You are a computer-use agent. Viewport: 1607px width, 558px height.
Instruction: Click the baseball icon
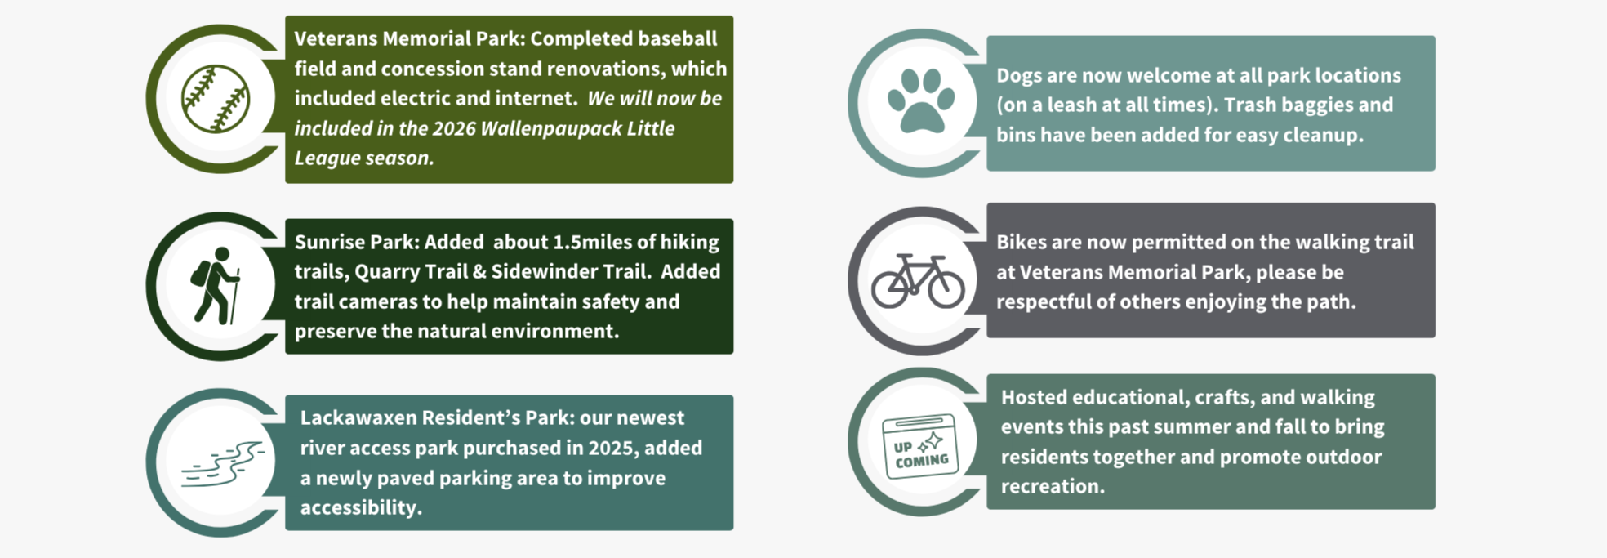pyautogui.click(x=216, y=99)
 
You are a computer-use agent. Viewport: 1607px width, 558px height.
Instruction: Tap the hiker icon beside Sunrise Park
pyautogui.click(x=216, y=286)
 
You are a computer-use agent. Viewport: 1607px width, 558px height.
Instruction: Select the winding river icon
pyautogui.click(x=222, y=464)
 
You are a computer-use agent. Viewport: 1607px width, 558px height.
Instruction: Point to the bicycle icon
pyautogui.click(x=918, y=280)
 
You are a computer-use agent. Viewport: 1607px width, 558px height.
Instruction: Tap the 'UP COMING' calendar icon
pyautogui.click(x=919, y=446)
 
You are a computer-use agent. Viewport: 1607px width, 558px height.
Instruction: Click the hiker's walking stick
pyautogui.click(x=235, y=297)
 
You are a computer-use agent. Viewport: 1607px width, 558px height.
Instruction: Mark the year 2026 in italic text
pyautogui.click(x=453, y=128)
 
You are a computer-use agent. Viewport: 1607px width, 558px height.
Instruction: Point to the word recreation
pyautogui.click(x=1053, y=486)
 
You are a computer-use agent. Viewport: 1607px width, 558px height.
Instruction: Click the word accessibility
pyautogui.click(x=361, y=507)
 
